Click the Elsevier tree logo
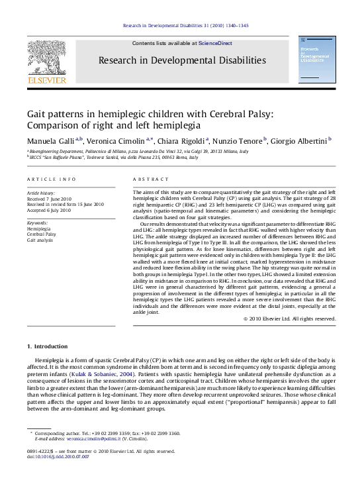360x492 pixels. [46, 61]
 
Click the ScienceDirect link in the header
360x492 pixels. [215, 43]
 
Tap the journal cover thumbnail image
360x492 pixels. [315, 61]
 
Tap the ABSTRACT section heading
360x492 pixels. [147, 179]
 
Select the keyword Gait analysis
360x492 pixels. [40, 240]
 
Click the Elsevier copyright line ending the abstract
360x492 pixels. [290, 319]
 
